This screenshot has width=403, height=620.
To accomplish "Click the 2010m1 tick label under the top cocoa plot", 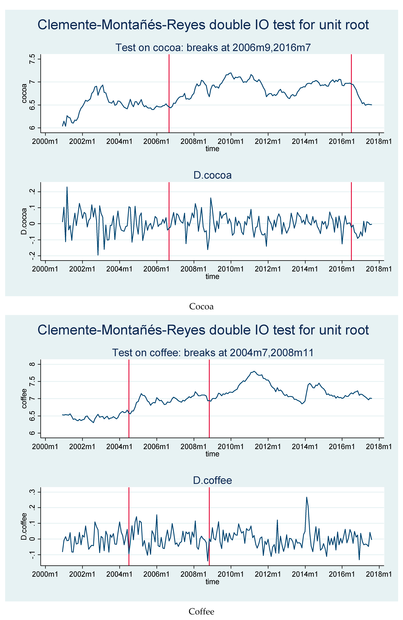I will pos(231,141).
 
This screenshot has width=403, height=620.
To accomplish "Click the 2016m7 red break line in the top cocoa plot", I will pos(351,104).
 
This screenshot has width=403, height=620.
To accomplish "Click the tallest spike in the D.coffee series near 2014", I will pos(307,497).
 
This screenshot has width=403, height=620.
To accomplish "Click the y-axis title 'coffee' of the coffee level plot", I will pos(24,399).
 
